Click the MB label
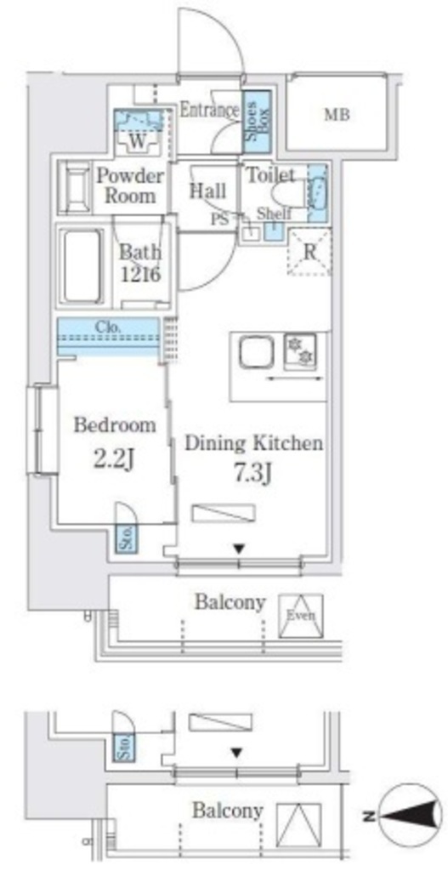(x=337, y=115)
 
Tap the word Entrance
(x=209, y=110)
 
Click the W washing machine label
(x=138, y=141)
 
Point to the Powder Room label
(x=130, y=186)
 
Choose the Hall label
(x=207, y=191)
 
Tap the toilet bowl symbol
(x=288, y=195)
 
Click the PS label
(x=220, y=219)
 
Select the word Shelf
(x=275, y=214)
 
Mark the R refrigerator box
(x=309, y=251)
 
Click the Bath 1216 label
(x=140, y=264)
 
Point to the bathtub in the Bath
(x=82, y=265)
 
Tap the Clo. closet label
(x=108, y=327)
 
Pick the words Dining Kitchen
(x=253, y=443)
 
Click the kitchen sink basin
(x=257, y=352)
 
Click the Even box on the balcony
(x=300, y=616)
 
